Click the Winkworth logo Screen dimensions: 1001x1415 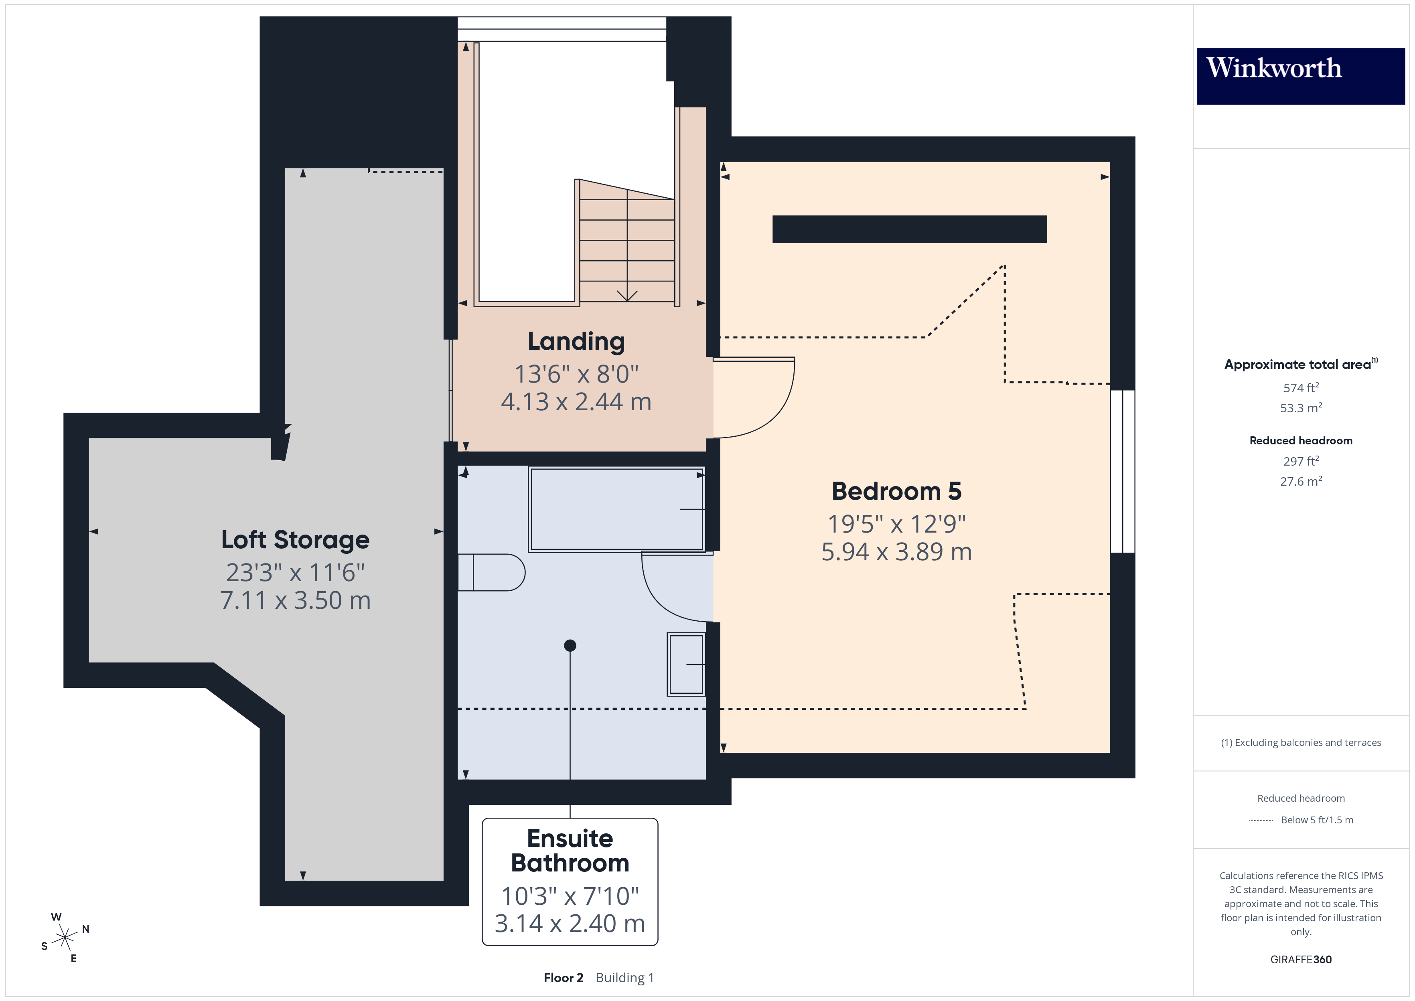1300,76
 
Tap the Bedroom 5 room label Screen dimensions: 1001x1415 896,491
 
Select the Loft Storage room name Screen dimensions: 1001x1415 295,540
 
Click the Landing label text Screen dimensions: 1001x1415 576,341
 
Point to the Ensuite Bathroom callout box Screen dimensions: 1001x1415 570,881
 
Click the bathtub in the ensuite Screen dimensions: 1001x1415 616,509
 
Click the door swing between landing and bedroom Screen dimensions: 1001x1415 761,401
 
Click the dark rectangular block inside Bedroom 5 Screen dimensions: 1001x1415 909,229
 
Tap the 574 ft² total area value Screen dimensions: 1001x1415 1300,388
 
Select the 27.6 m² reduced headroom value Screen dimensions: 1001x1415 1300,481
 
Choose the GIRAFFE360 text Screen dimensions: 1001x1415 1300,960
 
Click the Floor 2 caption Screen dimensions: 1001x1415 563,978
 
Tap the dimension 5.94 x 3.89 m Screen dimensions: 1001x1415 896,552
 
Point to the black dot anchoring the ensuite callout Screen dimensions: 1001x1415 570,645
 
